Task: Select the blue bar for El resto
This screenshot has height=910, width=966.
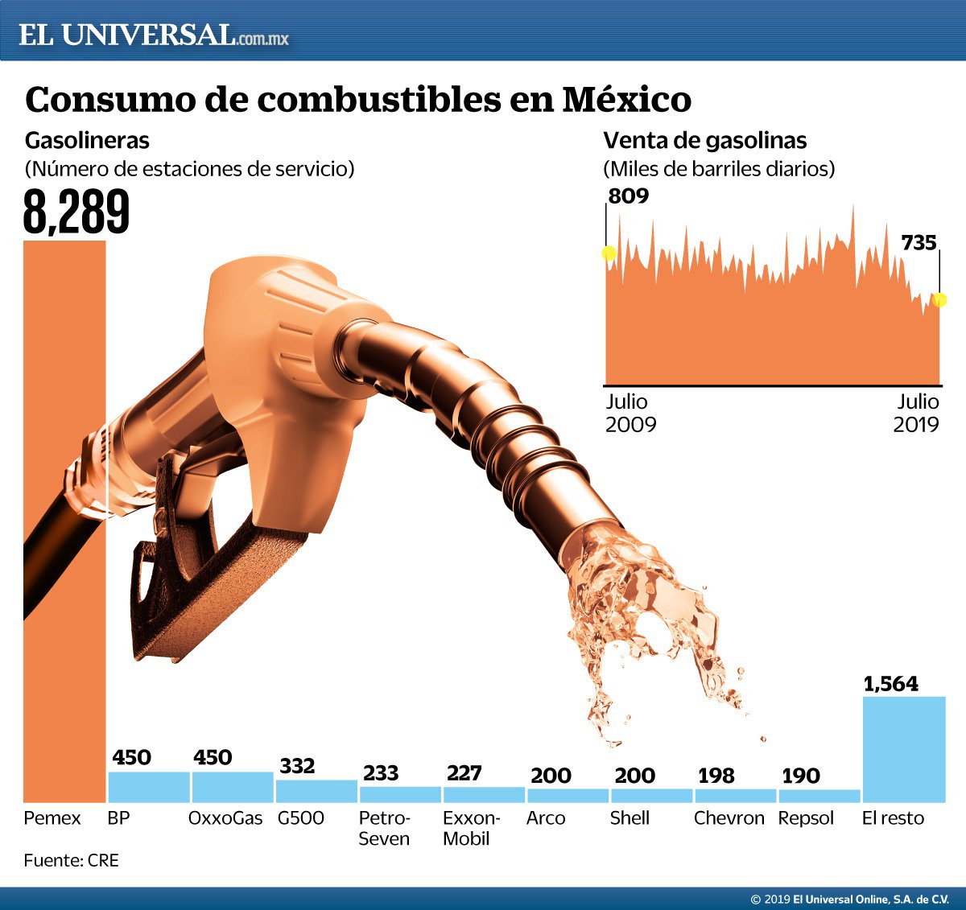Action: point(903,749)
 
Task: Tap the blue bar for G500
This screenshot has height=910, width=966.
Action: point(316,791)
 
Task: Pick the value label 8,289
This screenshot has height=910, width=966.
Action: point(76,212)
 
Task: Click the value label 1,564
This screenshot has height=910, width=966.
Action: point(890,684)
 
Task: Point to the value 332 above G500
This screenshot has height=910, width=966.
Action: point(297,766)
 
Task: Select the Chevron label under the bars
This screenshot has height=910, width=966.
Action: point(729,818)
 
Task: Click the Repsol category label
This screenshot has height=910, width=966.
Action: point(806,818)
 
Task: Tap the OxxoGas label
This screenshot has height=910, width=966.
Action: point(225,818)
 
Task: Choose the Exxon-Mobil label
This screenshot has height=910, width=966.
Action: point(471,828)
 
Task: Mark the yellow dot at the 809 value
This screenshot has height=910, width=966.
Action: point(609,253)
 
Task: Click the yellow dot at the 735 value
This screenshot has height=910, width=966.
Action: point(939,300)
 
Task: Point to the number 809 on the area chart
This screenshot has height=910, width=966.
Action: point(629,196)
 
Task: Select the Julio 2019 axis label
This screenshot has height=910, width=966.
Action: point(917,413)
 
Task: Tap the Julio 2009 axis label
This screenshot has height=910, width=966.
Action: point(630,413)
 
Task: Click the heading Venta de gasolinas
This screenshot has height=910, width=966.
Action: point(704,141)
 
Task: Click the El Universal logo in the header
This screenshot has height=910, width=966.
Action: point(153,35)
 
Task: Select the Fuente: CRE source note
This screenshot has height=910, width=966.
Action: point(71,860)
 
